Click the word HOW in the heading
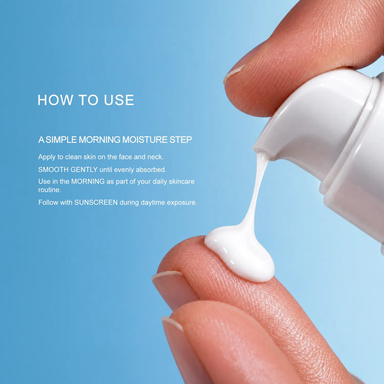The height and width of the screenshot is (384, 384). click(55, 100)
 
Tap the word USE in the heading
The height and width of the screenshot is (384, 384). click(119, 100)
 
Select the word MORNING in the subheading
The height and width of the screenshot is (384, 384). click(100, 140)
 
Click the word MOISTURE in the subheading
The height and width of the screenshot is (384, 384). click(145, 140)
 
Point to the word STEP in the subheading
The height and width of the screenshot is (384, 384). click(180, 140)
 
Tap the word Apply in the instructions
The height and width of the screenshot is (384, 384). click(47, 157)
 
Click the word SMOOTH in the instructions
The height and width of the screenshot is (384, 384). click(53, 170)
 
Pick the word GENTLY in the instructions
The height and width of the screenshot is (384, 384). click(84, 170)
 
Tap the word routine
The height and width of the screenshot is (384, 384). click(50, 190)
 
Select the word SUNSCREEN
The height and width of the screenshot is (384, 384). click(96, 203)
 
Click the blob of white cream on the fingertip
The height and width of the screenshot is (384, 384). click(239, 253)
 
